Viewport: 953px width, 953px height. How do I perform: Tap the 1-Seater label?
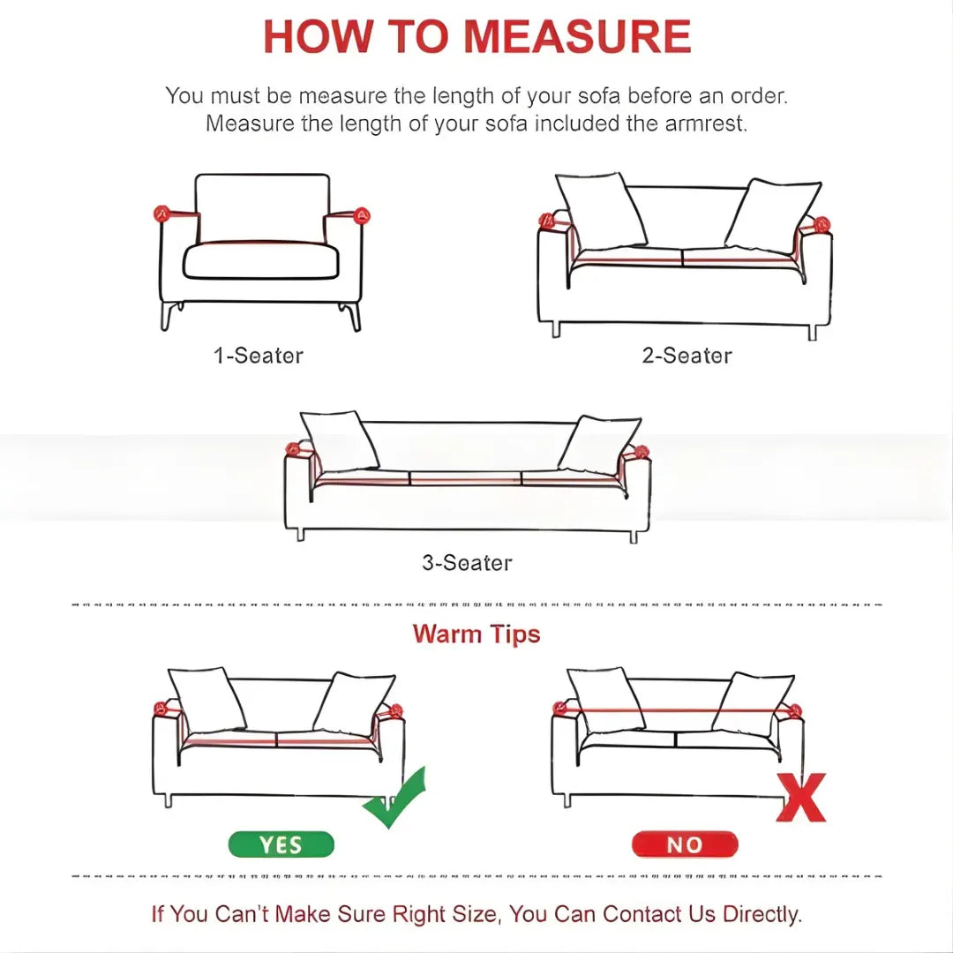click(259, 356)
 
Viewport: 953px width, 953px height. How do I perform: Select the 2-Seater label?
click(687, 356)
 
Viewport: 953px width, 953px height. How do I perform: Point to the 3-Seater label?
click(467, 563)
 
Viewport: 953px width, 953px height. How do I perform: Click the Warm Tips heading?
click(476, 634)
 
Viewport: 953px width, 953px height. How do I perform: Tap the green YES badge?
click(281, 844)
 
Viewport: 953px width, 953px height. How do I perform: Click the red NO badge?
click(685, 844)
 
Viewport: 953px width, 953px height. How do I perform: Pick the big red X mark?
click(801, 798)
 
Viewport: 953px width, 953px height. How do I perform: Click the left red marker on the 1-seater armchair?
click(161, 214)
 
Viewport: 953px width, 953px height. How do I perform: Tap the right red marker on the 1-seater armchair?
click(362, 216)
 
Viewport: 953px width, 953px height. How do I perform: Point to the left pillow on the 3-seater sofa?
click(340, 440)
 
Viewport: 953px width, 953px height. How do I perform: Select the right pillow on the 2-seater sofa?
click(774, 216)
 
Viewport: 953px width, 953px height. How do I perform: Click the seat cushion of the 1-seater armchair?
click(260, 261)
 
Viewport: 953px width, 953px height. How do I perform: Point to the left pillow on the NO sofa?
click(606, 699)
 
